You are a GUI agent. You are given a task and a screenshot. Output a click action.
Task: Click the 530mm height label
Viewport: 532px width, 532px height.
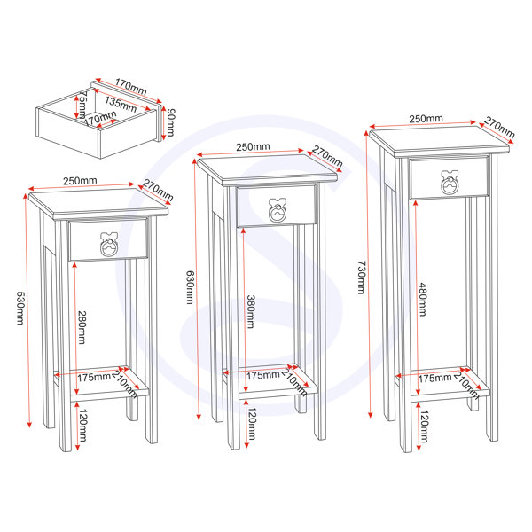pos(20,308)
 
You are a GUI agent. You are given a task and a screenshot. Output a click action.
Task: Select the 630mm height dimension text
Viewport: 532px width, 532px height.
pos(190,287)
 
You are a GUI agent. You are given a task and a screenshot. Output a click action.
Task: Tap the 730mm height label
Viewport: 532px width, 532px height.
pos(362,278)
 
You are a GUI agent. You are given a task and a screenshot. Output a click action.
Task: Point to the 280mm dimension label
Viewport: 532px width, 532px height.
pos(82,327)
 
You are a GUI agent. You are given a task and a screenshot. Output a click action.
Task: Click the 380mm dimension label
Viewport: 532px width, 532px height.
pos(250,312)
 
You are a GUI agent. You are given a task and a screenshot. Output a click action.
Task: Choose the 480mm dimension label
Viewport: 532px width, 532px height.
pos(422,300)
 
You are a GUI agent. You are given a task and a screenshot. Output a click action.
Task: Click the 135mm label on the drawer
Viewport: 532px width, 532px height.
pos(121,104)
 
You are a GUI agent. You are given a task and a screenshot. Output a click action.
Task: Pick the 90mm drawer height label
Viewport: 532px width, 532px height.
pos(170,122)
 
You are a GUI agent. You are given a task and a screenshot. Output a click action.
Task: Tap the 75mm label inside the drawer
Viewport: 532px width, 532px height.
pos(82,104)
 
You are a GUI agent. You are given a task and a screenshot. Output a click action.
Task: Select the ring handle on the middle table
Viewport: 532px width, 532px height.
pos(278,210)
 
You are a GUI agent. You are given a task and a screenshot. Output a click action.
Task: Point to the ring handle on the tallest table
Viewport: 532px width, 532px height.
pos(450,182)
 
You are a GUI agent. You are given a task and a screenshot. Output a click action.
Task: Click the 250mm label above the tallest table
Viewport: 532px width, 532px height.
pos(426,119)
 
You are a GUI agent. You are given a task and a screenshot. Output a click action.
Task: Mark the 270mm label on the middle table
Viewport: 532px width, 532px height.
pos(327,156)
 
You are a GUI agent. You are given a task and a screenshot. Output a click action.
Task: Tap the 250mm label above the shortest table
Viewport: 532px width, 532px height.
pos(80,181)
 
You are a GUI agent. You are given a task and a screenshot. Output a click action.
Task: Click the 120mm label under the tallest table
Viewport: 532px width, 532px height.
pos(424,426)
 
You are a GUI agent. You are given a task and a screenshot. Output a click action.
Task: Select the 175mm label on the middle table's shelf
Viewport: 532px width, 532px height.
pos(263,376)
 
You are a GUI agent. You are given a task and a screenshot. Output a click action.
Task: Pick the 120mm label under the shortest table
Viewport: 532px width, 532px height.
pos(83,425)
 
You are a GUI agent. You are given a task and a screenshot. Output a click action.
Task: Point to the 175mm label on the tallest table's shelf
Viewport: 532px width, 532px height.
pos(435,379)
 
